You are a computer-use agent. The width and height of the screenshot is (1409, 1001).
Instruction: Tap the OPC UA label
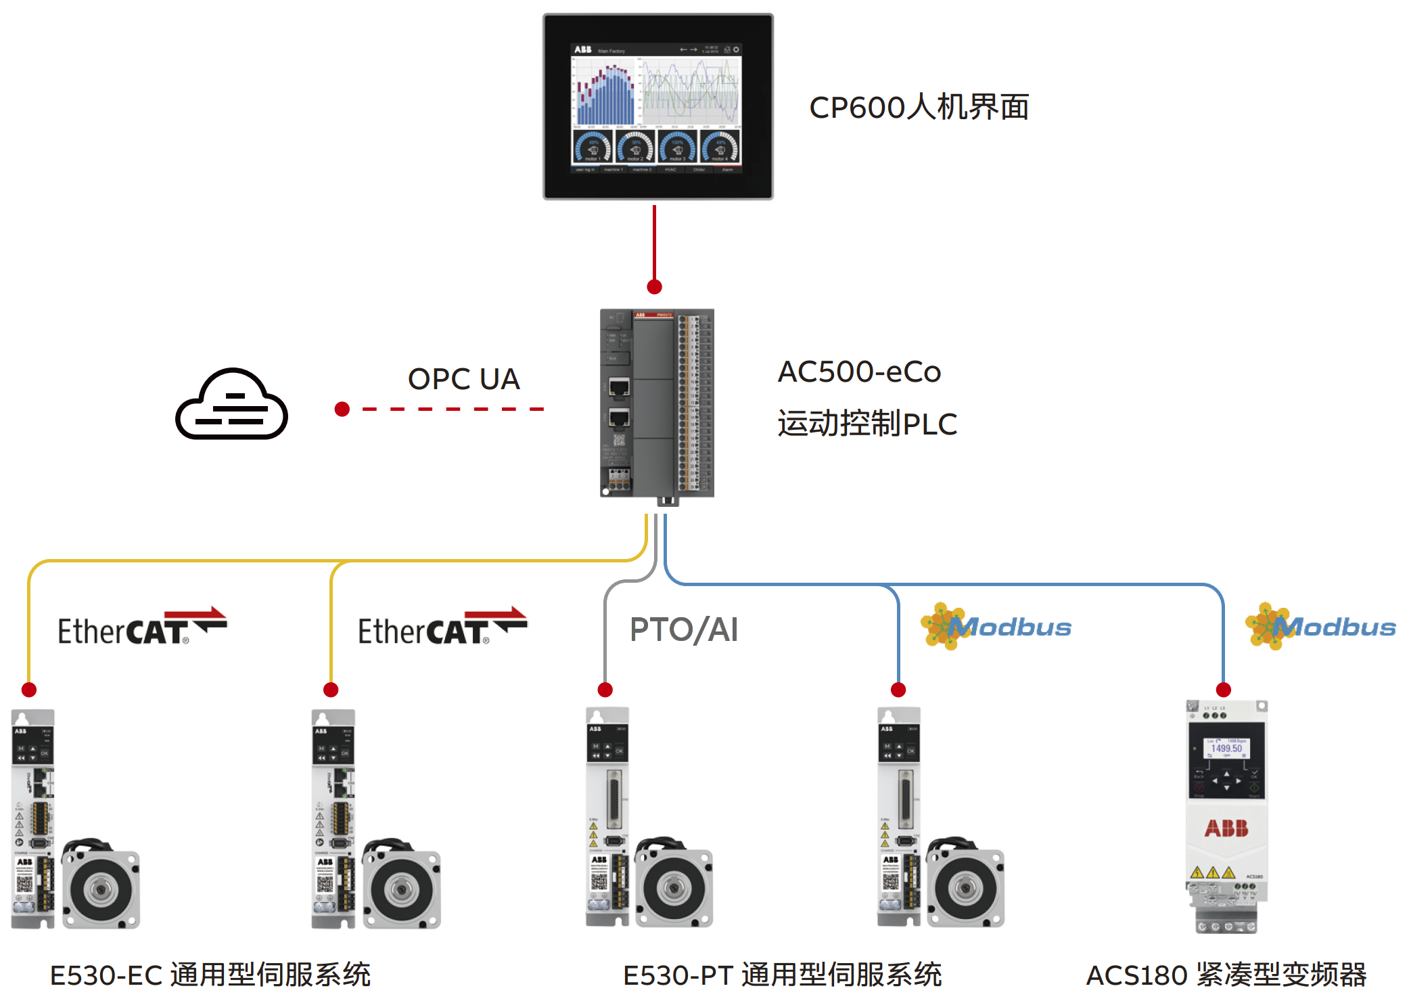tap(463, 379)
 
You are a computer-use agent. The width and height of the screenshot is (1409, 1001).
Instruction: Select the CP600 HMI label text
tap(919, 108)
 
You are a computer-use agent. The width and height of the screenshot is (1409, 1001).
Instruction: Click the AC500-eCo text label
tap(859, 372)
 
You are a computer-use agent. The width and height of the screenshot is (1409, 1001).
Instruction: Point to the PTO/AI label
tap(683, 629)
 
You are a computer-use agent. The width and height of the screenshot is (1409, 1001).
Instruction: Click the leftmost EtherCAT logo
tap(142, 627)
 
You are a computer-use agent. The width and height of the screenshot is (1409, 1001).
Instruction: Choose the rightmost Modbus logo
tap(1320, 627)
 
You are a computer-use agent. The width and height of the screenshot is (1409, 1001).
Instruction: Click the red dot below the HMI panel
tap(654, 287)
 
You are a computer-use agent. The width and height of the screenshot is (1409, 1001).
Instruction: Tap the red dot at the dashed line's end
tap(342, 409)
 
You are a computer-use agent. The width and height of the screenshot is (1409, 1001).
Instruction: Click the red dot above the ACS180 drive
tap(1223, 690)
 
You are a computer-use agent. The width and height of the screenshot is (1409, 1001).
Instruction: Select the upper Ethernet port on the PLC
tap(619, 388)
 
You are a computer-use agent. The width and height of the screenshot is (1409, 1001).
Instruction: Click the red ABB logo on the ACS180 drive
tap(1226, 828)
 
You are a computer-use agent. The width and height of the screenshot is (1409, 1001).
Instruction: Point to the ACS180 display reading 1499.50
tap(1226, 749)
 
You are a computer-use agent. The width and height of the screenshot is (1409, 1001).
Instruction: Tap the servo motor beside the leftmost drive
tap(101, 887)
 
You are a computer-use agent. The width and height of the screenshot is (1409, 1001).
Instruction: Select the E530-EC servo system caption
tap(210, 975)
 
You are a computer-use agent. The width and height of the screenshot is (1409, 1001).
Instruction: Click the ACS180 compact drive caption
tap(1226, 975)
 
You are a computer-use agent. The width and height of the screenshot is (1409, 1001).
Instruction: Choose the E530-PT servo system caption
tap(782, 975)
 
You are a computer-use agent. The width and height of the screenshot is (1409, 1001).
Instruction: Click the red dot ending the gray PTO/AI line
tap(605, 690)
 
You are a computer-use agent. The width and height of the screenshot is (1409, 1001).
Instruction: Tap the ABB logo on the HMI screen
tap(582, 50)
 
